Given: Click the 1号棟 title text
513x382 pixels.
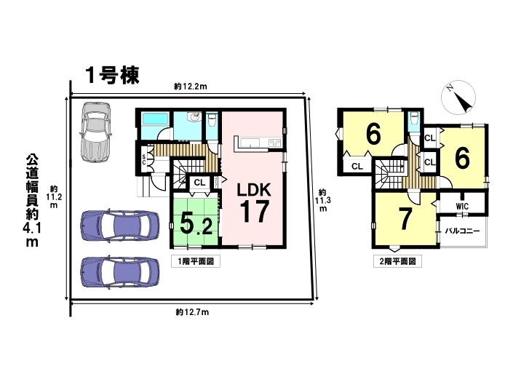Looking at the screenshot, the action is pyautogui.click(x=112, y=76).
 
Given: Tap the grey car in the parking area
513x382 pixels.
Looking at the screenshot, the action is pyautogui.click(x=95, y=132).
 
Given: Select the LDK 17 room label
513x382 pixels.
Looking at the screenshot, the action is pyautogui.click(x=254, y=202).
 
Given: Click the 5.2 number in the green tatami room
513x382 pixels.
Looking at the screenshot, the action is pyautogui.click(x=196, y=223).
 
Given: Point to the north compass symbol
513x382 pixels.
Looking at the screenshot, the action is pyautogui.click(x=458, y=98).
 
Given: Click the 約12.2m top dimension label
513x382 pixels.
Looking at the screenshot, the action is pyautogui.click(x=191, y=87).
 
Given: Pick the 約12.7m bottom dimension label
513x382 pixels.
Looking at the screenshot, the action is pyautogui.click(x=192, y=312).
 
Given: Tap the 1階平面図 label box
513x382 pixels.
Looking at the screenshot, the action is pyautogui.click(x=196, y=262).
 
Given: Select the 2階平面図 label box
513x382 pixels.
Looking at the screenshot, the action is pyautogui.click(x=397, y=262).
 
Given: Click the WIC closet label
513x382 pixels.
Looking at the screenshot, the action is pyautogui.click(x=462, y=207).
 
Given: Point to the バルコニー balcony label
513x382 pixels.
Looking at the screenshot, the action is pyautogui.click(x=462, y=231).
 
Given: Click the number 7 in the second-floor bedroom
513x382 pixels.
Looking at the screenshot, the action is pyautogui.click(x=405, y=219).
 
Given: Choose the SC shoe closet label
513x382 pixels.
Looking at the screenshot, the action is pyautogui.click(x=143, y=159).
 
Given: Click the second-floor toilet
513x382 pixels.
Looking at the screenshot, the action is pyautogui.click(x=415, y=119).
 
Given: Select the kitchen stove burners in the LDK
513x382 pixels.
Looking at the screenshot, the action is pyautogui.click(x=274, y=143).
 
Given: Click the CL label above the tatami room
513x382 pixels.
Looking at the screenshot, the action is pyautogui.click(x=199, y=183).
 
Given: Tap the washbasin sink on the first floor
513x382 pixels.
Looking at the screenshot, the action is pyautogui.click(x=195, y=116).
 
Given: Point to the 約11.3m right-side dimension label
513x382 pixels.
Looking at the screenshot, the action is pyautogui.click(x=323, y=200).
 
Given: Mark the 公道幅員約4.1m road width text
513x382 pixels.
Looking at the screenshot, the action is pyautogui.click(x=32, y=201).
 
